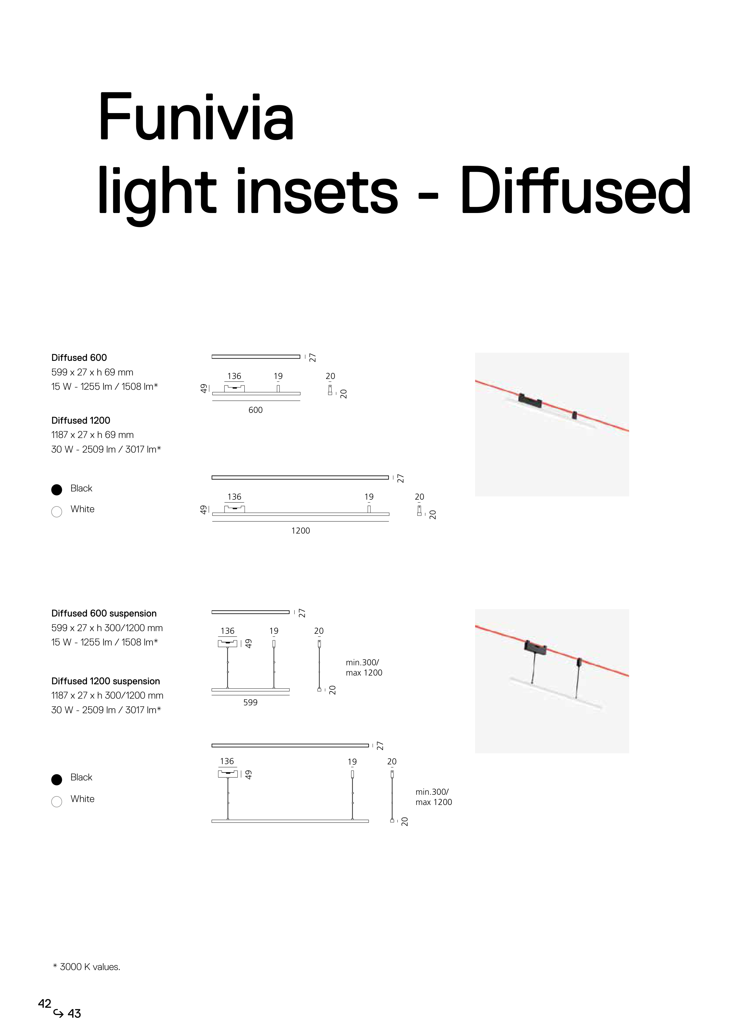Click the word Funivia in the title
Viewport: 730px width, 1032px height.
click(196, 118)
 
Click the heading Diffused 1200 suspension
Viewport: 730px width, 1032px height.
click(106, 681)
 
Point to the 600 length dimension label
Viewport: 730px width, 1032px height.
click(256, 410)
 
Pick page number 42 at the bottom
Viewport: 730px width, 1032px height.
click(44, 1003)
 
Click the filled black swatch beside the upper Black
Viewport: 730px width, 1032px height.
click(57, 489)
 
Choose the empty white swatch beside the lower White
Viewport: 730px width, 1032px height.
click(57, 801)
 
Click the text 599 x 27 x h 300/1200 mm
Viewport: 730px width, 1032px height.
click(107, 628)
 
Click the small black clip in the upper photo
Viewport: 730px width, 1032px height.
click(574, 415)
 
